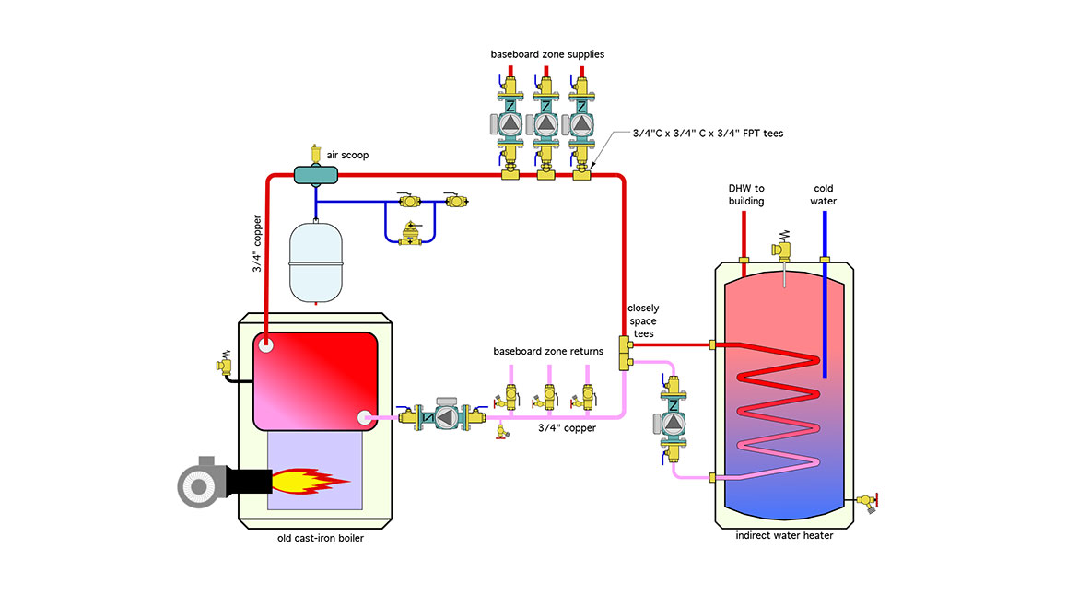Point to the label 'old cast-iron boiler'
click(x=320, y=538)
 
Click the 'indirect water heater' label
click(x=784, y=535)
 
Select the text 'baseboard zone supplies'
click(x=547, y=54)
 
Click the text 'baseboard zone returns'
click(x=548, y=351)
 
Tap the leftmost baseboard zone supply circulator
click(x=510, y=122)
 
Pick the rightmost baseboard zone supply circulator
click(x=580, y=122)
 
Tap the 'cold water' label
click(x=824, y=194)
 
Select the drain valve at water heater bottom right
click(x=867, y=502)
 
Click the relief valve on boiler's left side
click(x=223, y=362)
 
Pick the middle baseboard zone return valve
click(x=549, y=397)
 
